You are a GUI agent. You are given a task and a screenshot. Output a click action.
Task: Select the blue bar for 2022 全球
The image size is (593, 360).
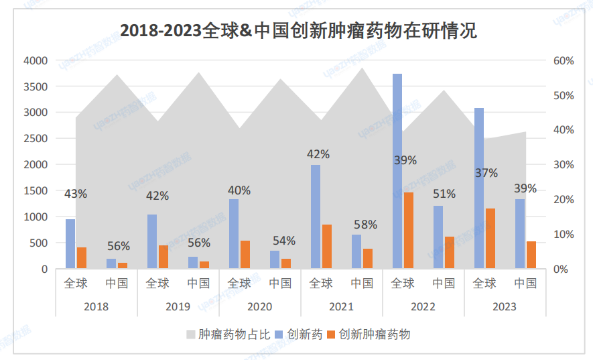tap(397, 171)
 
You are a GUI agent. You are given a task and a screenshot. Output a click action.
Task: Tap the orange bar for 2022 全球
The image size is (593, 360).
tap(409, 231)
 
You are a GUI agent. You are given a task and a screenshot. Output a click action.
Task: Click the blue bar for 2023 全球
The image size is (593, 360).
tap(479, 188)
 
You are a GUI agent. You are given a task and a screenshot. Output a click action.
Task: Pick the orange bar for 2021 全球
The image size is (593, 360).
tap(327, 247)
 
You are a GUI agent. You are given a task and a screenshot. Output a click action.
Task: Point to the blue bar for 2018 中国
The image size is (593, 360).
tap(111, 263)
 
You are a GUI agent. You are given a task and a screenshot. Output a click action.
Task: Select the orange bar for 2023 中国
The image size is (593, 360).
tap(531, 255)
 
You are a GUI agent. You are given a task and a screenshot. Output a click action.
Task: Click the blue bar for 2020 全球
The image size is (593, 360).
tap(234, 234)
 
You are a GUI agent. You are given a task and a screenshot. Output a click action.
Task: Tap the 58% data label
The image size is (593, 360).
tap(366, 225)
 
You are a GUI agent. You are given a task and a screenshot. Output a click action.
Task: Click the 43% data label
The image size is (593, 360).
tap(76, 194)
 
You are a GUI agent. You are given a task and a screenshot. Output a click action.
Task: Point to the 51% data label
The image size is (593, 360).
tap(444, 194)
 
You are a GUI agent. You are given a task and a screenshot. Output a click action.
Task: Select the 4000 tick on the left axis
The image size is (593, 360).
tap(36, 61)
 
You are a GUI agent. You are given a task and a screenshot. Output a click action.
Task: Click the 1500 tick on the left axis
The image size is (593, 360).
tap(36, 191)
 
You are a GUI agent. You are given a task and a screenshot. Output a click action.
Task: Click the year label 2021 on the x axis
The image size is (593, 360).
tap(341, 306)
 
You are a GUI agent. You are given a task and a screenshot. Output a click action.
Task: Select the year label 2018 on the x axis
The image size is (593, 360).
tap(96, 306)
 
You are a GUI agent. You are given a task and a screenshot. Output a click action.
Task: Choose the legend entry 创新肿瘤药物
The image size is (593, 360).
tap(374, 334)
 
